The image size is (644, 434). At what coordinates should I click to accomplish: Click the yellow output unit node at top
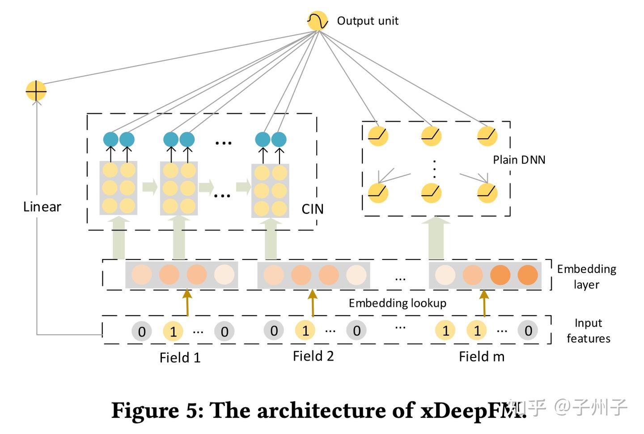coord(318,21)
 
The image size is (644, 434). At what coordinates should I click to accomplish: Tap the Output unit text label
coord(367,21)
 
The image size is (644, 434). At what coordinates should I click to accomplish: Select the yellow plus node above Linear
coord(36,91)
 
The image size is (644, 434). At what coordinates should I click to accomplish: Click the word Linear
coord(42,207)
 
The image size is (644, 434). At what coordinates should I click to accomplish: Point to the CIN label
coord(312,209)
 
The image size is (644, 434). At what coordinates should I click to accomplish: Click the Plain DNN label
coord(519,160)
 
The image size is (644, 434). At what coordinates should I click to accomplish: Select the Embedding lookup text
coord(397,303)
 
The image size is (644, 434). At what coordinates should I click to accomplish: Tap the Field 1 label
coord(180,357)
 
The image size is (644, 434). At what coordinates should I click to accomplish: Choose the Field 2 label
coord(313,356)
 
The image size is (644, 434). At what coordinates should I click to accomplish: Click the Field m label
coord(481,357)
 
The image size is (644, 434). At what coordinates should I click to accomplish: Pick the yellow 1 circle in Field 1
coord(173,332)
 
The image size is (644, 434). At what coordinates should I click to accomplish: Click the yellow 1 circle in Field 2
coord(305,331)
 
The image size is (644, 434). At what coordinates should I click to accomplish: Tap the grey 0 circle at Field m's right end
coord(528,331)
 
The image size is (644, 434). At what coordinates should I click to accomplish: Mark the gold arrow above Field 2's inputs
coord(313,303)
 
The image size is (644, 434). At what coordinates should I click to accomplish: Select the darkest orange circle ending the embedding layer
coord(528,275)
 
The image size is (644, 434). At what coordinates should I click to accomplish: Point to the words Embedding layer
coord(586,277)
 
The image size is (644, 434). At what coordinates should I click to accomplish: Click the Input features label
coord(588,331)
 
